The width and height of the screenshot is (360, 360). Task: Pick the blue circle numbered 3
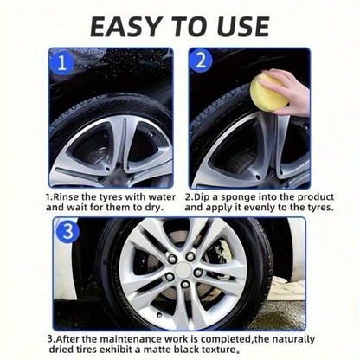[67, 231]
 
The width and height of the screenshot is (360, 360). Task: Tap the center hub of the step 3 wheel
[184, 272]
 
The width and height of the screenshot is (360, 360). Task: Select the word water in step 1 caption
[159, 196]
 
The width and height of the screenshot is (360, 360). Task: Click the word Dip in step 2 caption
[206, 196]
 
